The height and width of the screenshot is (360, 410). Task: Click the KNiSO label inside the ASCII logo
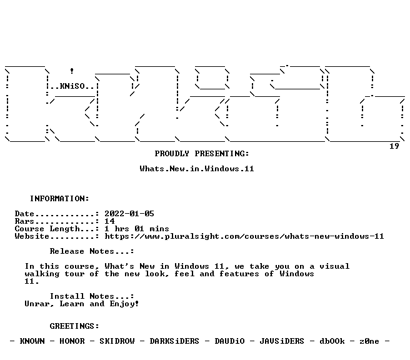tap(72, 86)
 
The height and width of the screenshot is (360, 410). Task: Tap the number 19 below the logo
tap(394, 146)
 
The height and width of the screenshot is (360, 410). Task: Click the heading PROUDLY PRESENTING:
tap(202, 154)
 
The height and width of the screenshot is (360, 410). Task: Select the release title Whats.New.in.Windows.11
tap(197, 169)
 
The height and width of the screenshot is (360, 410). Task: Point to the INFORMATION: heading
tap(59, 198)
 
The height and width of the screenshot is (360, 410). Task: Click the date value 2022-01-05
tap(129, 214)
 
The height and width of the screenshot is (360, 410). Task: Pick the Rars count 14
tap(109, 221)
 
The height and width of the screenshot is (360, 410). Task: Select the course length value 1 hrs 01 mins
tap(137, 229)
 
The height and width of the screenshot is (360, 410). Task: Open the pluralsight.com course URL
tap(244, 236)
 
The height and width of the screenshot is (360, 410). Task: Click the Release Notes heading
tap(92, 251)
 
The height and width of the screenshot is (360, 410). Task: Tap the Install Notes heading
tap(92, 296)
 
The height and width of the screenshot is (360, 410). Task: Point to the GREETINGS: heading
tap(74, 326)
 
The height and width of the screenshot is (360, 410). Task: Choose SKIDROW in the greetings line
tap(117, 341)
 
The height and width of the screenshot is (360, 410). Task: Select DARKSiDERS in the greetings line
tap(174, 341)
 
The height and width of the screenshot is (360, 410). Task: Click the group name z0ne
tap(369, 341)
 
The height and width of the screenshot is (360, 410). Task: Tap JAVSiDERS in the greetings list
tap(282, 341)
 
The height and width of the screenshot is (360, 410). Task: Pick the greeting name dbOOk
tap(332, 341)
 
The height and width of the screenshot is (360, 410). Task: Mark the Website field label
tap(32, 236)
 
